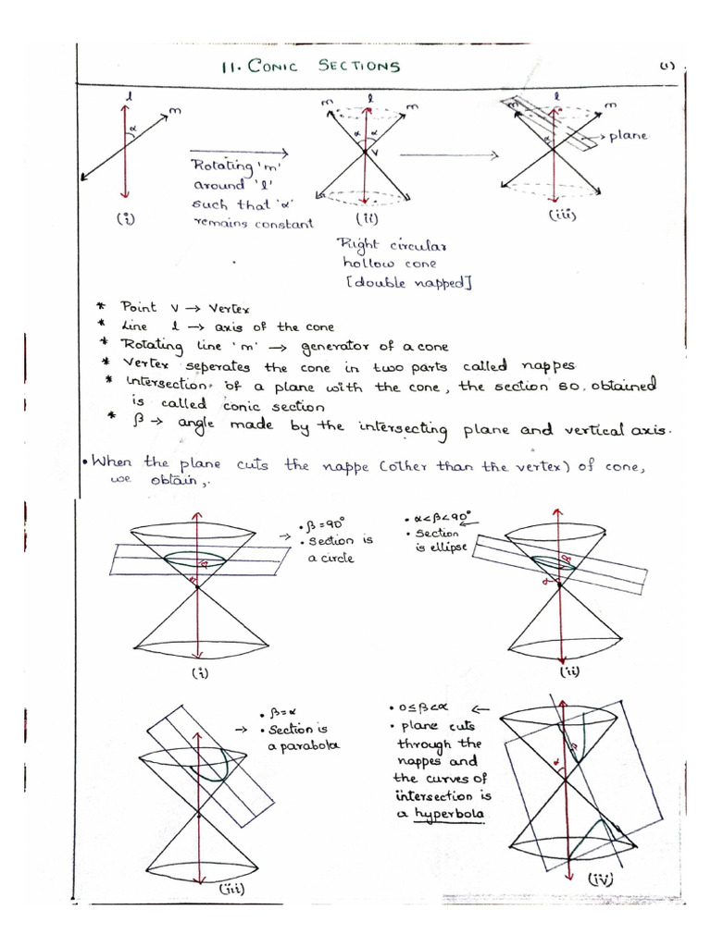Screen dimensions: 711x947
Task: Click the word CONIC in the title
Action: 271,66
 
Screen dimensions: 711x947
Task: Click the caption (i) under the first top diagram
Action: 123,219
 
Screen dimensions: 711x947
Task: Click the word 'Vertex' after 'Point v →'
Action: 224,309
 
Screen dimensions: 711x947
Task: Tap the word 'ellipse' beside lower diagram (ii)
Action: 448,549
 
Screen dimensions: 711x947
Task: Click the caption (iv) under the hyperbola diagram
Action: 600,880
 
